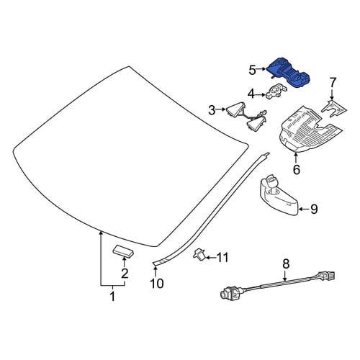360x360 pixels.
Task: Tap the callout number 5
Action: [x=253, y=70]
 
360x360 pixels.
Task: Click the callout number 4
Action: [x=251, y=94]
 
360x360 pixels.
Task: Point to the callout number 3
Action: [x=212, y=110]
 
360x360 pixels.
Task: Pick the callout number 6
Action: [x=297, y=169]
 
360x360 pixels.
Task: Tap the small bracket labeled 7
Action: [x=333, y=109]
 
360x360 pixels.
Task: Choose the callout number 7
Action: [x=332, y=83]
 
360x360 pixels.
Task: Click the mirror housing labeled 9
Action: [x=279, y=196]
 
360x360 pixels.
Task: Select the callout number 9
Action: [x=314, y=210]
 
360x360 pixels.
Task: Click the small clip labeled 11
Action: [x=199, y=254]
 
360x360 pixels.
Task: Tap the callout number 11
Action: [x=222, y=258]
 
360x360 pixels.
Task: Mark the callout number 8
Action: [x=286, y=264]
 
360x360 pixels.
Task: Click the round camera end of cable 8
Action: [x=228, y=293]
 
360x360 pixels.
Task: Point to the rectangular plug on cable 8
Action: [x=327, y=276]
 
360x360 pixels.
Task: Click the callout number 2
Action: [x=125, y=273]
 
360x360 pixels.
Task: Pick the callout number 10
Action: [x=157, y=283]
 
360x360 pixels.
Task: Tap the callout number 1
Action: [x=112, y=296]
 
